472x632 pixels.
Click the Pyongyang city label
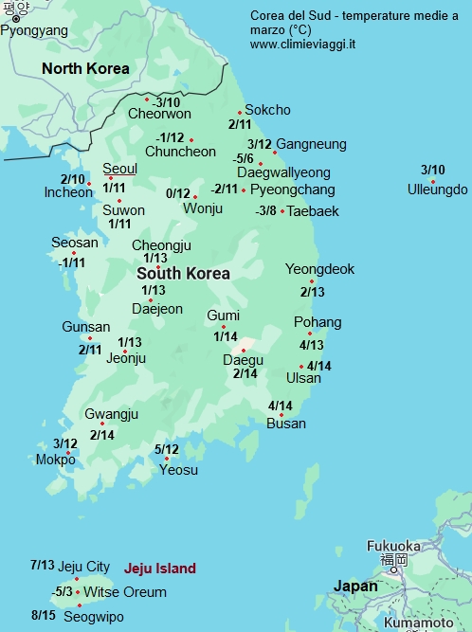pyautogui.click(x=34, y=31)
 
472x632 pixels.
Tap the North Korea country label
pyautogui.click(x=85, y=68)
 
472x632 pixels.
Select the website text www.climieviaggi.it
pyautogui.click(x=304, y=45)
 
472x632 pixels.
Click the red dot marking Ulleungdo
pyautogui.click(x=432, y=180)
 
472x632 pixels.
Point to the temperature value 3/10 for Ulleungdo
pyautogui.click(x=432, y=170)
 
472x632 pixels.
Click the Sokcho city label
pyautogui.click(x=267, y=110)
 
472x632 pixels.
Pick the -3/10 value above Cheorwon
pyautogui.click(x=167, y=101)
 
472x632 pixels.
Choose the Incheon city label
pyautogui.click(x=68, y=192)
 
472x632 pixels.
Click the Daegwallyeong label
pyautogui.click(x=283, y=172)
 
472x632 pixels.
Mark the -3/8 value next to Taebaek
pyautogui.click(x=265, y=210)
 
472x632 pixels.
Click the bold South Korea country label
pyautogui.click(x=183, y=273)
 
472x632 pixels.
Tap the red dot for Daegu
pyautogui.click(x=244, y=350)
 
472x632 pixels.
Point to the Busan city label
pyautogui.click(x=286, y=423)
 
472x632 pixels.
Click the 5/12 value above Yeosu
pyautogui.click(x=166, y=449)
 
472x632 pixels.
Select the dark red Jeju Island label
pyautogui.click(x=159, y=569)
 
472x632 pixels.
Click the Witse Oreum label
pyautogui.click(x=125, y=592)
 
